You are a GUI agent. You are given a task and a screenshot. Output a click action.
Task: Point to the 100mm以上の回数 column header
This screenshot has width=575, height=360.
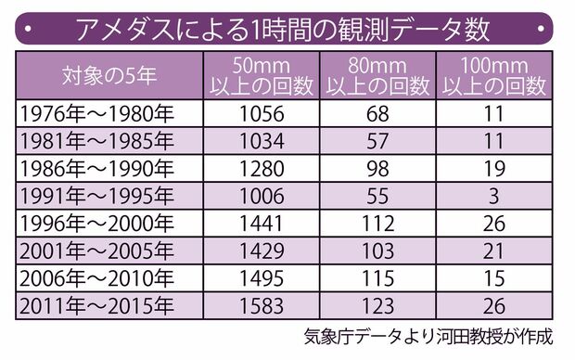[x=493, y=74]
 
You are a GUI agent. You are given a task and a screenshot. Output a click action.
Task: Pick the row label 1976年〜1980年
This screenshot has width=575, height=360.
[x=95, y=114]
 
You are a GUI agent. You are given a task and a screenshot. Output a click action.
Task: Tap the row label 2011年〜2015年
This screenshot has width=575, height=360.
[x=95, y=303]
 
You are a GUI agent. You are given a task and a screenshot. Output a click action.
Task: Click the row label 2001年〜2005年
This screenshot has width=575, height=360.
[x=95, y=250]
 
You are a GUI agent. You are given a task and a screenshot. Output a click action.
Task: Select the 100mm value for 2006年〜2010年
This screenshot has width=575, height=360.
[x=493, y=276]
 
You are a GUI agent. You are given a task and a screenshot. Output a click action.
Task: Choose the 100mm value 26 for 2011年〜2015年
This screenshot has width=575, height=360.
[x=493, y=303]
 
